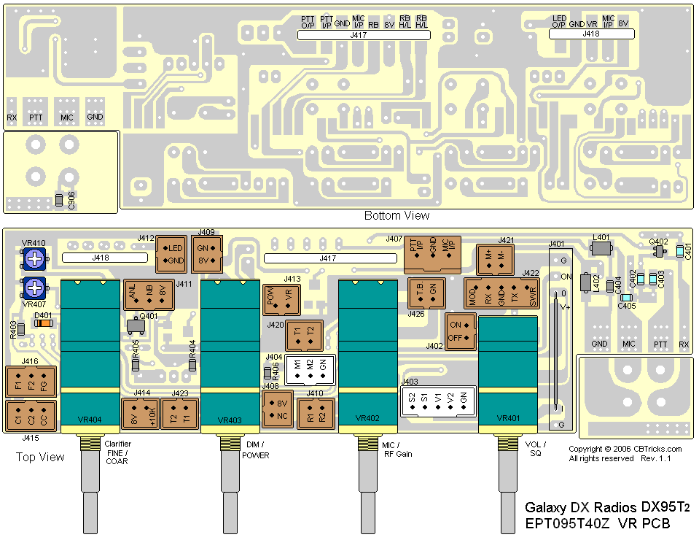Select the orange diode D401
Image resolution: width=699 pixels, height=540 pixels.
(x=44, y=323)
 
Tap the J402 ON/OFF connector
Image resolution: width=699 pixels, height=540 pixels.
(x=460, y=331)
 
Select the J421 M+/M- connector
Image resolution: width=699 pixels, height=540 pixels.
(x=496, y=258)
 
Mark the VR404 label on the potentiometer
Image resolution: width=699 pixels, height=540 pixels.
(x=90, y=420)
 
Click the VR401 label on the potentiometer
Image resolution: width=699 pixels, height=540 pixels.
(x=507, y=419)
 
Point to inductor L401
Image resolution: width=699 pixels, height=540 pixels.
(x=601, y=249)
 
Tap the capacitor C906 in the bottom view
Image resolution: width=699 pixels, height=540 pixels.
(x=59, y=200)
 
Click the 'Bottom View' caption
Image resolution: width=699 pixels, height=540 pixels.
(x=397, y=216)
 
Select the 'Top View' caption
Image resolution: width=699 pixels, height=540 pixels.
(x=40, y=458)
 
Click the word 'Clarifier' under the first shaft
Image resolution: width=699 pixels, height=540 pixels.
(x=118, y=444)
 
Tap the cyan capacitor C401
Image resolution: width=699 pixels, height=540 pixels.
(x=679, y=252)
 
